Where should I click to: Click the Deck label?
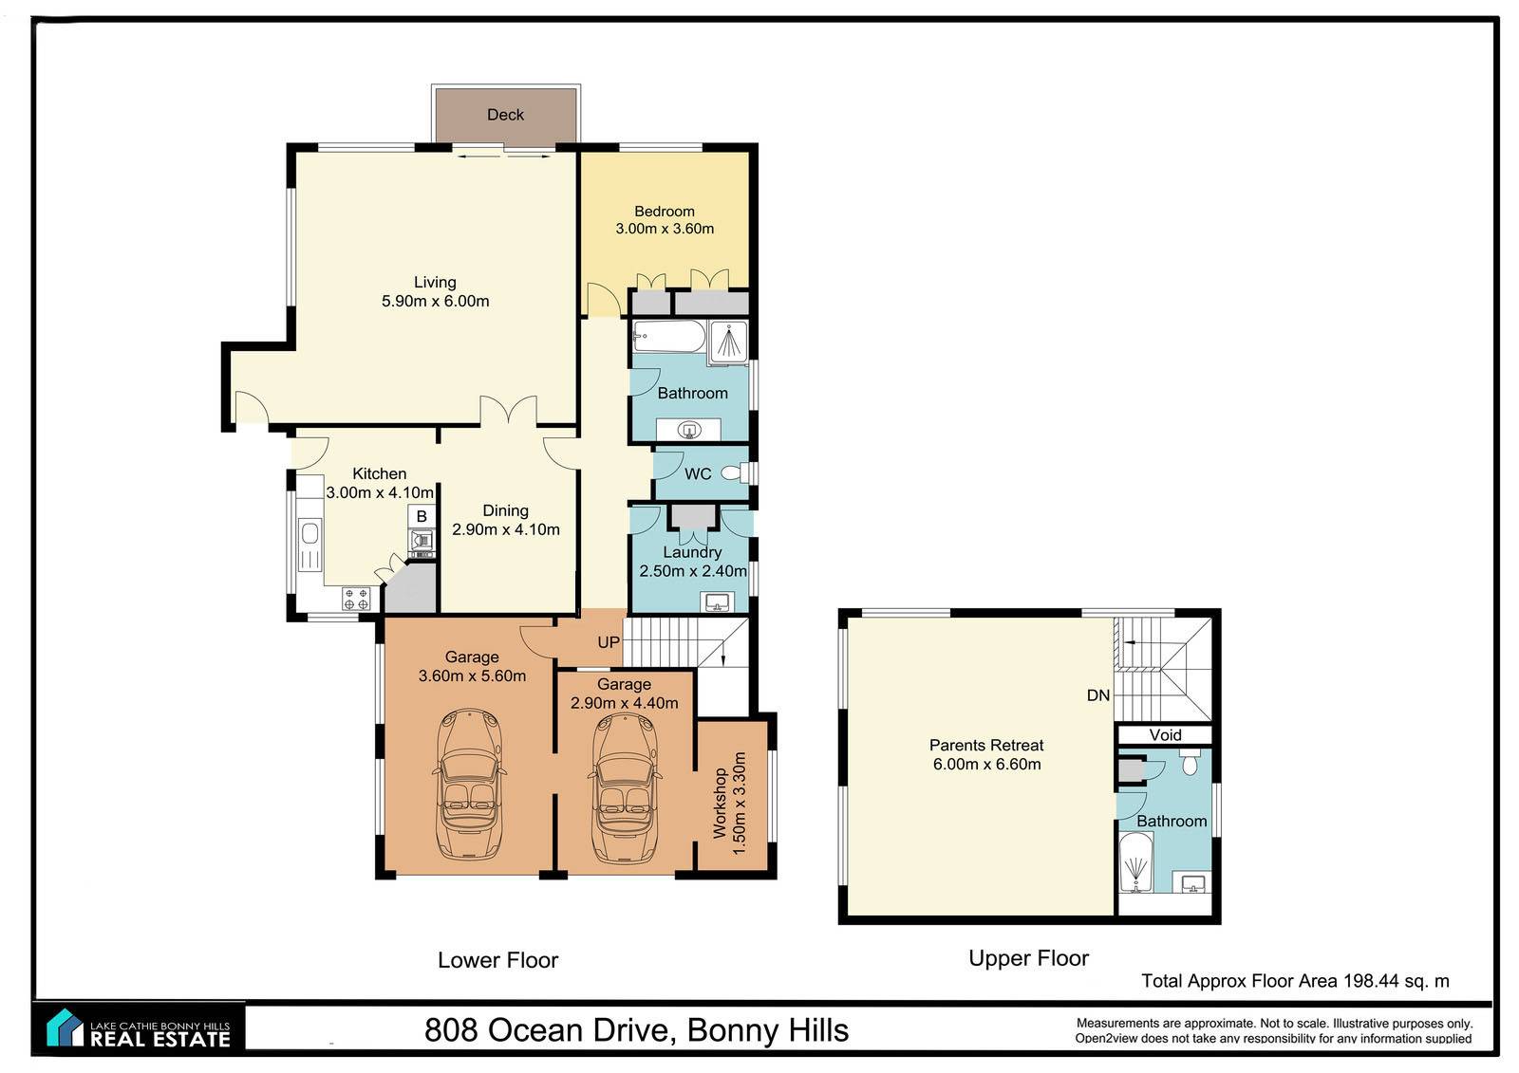tap(505, 115)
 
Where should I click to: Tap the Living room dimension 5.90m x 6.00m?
tap(436, 301)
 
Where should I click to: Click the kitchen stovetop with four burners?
tap(356, 599)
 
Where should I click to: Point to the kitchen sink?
tap(309, 533)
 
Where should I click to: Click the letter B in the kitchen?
tap(422, 516)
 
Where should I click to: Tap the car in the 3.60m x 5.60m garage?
tap(469, 785)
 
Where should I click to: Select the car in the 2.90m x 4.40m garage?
tap(625, 786)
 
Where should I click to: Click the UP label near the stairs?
tap(609, 642)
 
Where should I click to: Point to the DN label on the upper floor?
tap(1097, 694)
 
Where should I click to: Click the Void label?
tap(1165, 734)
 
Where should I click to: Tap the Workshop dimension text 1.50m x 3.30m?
tap(740, 803)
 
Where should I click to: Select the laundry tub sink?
tap(718, 601)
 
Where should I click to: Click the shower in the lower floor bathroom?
tap(729, 342)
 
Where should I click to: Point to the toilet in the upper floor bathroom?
tap(1190, 762)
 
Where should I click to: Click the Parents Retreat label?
tap(986, 745)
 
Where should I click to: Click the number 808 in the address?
tap(452, 1030)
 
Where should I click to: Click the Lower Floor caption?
tap(497, 960)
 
